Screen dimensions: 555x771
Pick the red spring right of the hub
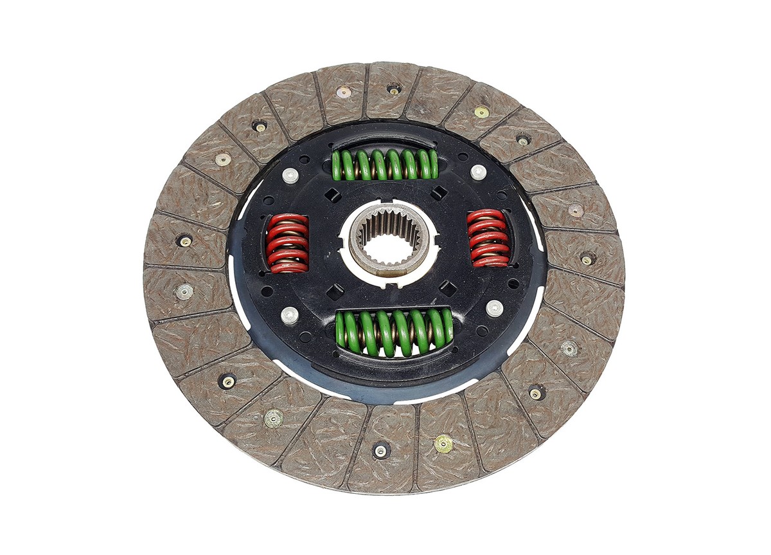(489, 237)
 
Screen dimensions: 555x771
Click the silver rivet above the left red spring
(290, 175)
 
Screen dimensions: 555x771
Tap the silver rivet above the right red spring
(478, 172)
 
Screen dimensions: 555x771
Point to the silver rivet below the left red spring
(290, 315)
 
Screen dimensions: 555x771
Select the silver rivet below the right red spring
(494, 308)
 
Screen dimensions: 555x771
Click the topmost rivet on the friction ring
(394, 89)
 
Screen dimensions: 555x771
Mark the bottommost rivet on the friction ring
(381, 451)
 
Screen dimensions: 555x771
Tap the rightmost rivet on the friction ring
(587, 259)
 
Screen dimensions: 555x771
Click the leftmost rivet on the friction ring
(184, 241)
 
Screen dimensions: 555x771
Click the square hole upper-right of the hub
(439, 192)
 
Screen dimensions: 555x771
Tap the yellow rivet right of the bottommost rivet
(443, 443)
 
